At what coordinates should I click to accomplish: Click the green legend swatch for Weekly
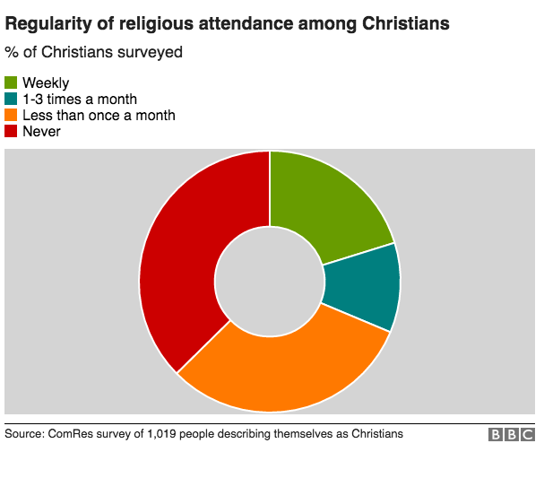click(x=12, y=83)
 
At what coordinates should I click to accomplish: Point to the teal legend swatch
click(x=12, y=100)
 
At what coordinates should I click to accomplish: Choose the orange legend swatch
click(x=12, y=116)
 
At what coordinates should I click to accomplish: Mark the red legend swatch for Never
click(x=12, y=132)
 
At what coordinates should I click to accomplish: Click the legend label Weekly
click(x=46, y=83)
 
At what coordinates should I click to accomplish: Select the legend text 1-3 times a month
click(x=79, y=100)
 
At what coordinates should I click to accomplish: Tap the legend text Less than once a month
click(x=99, y=116)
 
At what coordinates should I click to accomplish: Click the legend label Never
click(x=41, y=132)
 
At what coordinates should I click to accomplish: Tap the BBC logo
click(x=511, y=435)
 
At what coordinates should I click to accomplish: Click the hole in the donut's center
click(x=270, y=282)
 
